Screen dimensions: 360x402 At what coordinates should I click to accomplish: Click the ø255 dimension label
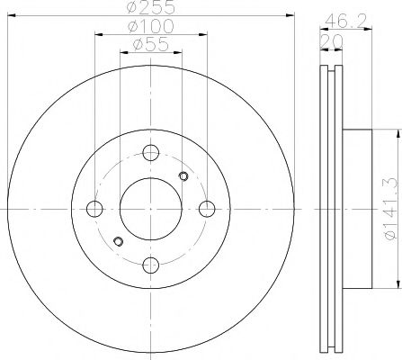tap(150, 9)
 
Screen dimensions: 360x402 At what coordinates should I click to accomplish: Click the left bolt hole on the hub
tap(94, 209)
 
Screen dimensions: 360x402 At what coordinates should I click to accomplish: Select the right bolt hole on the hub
tap(208, 209)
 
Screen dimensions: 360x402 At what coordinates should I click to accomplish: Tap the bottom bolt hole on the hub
tap(151, 265)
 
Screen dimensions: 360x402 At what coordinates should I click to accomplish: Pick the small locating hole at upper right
tap(183, 175)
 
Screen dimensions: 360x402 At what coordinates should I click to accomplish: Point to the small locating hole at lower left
tap(119, 241)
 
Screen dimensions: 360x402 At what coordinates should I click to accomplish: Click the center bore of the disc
tap(151, 209)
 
